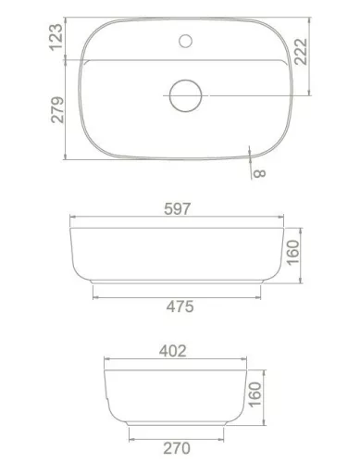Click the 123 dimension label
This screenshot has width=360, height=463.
point(54,36)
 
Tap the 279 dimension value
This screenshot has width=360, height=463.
point(54,114)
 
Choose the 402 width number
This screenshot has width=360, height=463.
point(173,350)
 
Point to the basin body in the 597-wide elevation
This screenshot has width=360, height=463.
point(176,255)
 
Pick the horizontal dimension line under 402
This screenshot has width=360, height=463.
point(173,361)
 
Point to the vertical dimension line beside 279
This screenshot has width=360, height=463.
point(67,114)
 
